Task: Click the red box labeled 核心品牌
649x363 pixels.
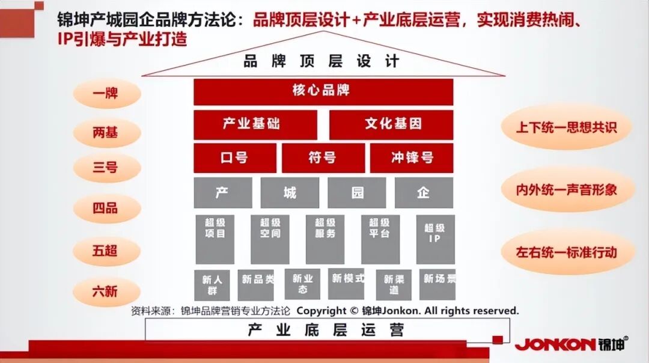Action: (323, 92)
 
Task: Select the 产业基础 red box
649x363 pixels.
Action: (255, 124)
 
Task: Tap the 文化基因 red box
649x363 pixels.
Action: (391, 124)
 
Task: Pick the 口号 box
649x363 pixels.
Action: (235, 157)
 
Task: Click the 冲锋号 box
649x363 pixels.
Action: (412, 157)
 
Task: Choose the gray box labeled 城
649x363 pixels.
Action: (290, 192)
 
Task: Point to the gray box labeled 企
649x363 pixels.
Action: (424, 192)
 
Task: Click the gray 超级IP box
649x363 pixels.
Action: (435, 239)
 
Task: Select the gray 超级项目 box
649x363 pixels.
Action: (215, 239)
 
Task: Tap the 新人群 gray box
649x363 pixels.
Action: (212, 284)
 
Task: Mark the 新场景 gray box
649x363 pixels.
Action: (438, 283)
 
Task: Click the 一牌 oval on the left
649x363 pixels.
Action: (106, 94)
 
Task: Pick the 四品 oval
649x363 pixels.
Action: (106, 209)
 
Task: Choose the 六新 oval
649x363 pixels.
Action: (106, 291)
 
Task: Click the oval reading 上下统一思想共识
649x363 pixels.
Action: (566, 127)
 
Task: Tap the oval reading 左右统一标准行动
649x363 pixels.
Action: (566, 251)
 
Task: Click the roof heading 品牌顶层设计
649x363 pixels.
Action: (321, 61)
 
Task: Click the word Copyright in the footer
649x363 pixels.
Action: (321, 311)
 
